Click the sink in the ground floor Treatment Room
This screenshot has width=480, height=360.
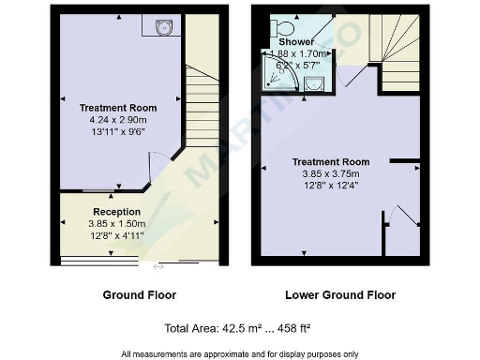[163, 27]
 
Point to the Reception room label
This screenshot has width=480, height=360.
[116, 212]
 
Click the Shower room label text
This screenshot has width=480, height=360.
[297, 42]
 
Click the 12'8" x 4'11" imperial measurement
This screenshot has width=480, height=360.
[116, 236]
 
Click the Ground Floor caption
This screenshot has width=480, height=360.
[139, 294]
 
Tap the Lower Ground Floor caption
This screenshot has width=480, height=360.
[339, 294]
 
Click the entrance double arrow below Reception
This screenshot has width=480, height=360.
[158, 267]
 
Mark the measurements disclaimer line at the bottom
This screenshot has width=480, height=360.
[239, 352]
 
